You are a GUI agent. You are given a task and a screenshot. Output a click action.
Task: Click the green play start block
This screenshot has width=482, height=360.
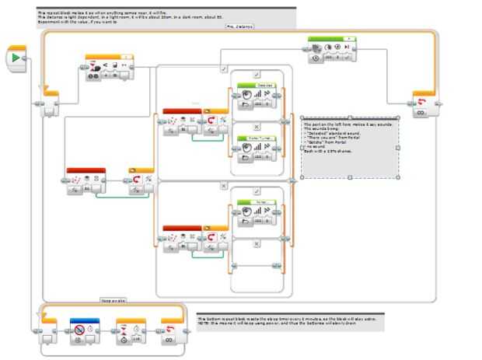pos(18,58)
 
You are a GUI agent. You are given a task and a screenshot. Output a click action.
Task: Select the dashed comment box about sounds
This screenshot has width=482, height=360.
pos(349,148)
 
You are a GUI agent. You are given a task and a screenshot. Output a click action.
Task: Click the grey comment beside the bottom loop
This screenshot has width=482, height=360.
pos(289,322)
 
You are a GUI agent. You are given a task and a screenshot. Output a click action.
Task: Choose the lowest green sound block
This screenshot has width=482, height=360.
pos(257,212)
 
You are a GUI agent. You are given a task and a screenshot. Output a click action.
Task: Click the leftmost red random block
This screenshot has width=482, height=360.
pos(86,181)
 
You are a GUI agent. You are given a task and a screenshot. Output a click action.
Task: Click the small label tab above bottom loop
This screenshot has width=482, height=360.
pos(114,299)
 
